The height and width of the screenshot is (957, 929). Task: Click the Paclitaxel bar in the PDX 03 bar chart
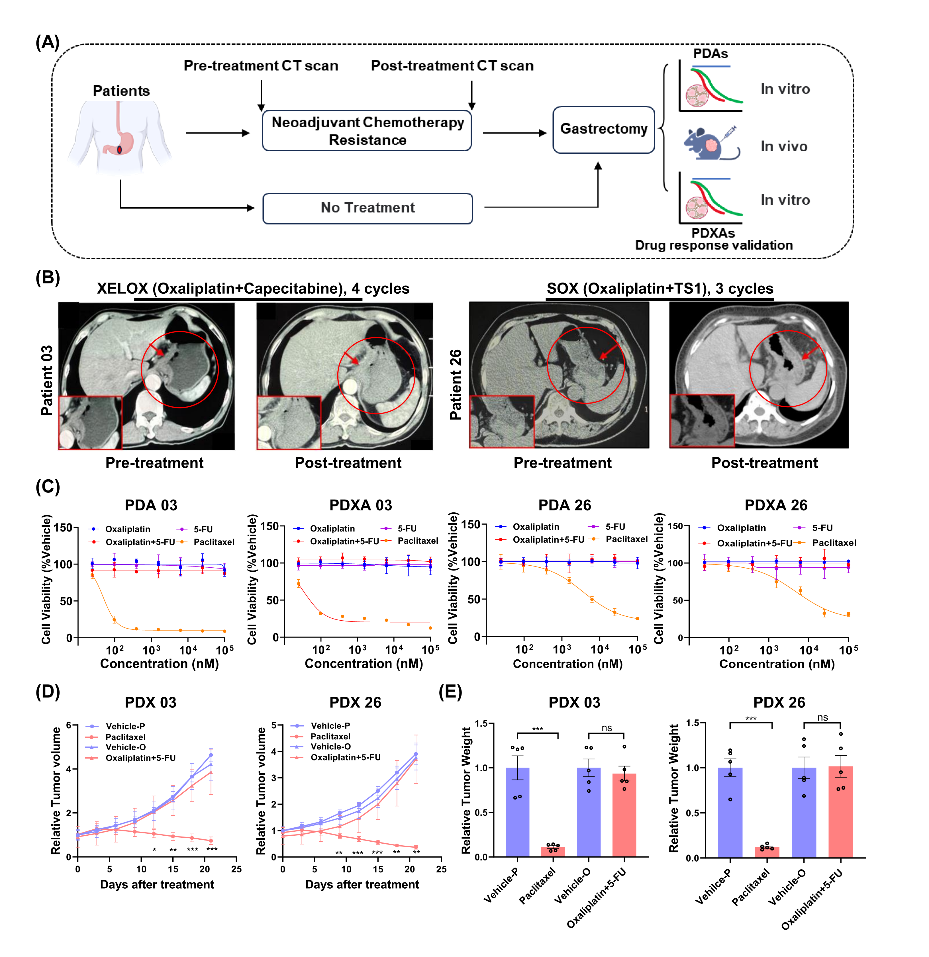tap(553, 852)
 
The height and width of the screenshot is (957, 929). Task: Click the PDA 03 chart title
tap(151, 505)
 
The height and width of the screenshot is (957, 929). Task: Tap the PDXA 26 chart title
tap(776, 505)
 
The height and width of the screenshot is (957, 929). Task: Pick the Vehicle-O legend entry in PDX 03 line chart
tap(125, 747)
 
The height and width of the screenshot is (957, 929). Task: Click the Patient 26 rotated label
tap(455, 384)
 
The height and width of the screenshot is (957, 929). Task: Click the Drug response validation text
tap(714, 245)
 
